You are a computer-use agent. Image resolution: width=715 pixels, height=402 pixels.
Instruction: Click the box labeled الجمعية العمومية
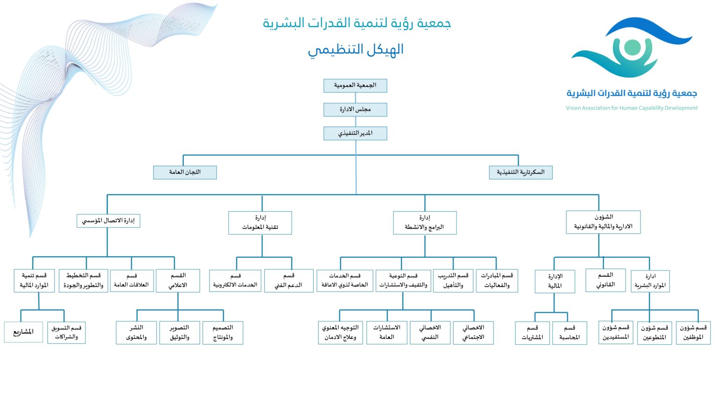pyautogui.click(x=355, y=86)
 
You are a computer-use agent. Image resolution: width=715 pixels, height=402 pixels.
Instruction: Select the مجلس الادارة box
pyautogui.click(x=355, y=109)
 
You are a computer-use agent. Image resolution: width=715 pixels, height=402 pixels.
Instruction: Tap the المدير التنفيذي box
pyautogui.click(x=355, y=133)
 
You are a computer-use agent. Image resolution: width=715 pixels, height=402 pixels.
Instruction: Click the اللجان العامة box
pyautogui.click(x=185, y=172)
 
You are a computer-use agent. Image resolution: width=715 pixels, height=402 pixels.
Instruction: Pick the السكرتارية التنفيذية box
pyautogui.click(x=520, y=172)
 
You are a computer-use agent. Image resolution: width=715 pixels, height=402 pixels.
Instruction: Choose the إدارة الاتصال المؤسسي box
pyautogui.click(x=108, y=221)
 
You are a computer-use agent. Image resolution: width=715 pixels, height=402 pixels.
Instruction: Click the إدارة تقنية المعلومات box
pyautogui.click(x=260, y=222)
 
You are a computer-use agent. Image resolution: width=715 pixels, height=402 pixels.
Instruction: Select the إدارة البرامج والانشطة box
pyautogui.click(x=425, y=222)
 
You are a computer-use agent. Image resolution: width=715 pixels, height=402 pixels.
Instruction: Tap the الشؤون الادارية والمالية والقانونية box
pyautogui.click(x=603, y=222)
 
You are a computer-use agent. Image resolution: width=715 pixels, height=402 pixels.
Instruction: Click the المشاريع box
pyautogui.click(x=23, y=332)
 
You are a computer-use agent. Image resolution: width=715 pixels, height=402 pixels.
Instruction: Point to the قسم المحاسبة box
pyautogui.click(x=569, y=333)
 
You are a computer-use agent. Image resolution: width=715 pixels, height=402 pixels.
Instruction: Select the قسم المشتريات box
pyautogui.click(x=532, y=333)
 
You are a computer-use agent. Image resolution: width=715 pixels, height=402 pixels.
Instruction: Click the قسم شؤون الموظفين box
pyautogui.click(x=693, y=333)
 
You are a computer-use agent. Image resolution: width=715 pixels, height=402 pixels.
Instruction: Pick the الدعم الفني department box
pyautogui.click(x=289, y=281)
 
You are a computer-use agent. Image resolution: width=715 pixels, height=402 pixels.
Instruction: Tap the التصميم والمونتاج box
pyautogui.click(x=223, y=333)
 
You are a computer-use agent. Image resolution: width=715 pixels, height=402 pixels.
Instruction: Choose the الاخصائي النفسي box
pyautogui.click(x=430, y=333)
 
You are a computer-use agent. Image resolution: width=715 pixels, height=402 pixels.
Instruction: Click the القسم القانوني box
pyautogui.click(x=605, y=280)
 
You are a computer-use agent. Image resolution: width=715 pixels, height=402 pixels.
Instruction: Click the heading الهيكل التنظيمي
pyautogui.click(x=356, y=50)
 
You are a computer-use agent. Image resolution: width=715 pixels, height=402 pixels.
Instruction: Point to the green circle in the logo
pyautogui.click(x=632, y=47)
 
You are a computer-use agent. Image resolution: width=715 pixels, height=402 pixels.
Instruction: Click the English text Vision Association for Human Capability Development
pyautogui.click(x=632, y=108)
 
